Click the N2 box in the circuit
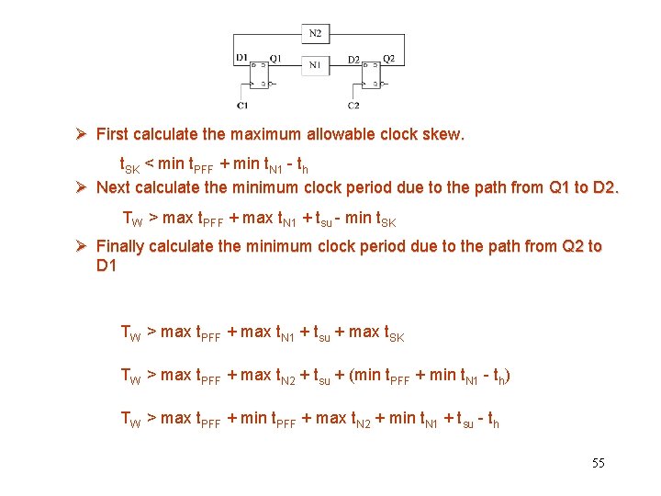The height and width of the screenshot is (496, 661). (315, 33)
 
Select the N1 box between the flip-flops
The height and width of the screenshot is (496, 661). (315, 64)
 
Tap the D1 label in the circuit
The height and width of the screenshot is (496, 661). (241, 58)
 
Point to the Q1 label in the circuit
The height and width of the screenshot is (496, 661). (275, 58)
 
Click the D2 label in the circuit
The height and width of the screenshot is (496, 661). (353, 59)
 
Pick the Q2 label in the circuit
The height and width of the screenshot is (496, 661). (388, 58)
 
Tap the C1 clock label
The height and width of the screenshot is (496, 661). (241, 106)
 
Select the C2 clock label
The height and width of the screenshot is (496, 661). (353, 106)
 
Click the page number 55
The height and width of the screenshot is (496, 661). (599, 463)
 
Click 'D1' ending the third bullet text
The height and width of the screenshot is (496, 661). (106, 265)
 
